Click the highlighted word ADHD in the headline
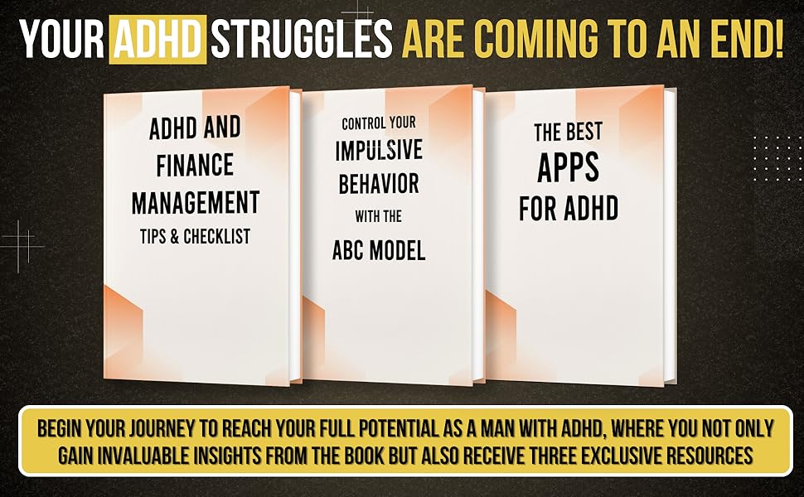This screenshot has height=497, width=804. [x=158, y=39]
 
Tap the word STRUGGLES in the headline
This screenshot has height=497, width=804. [x=302, y=39]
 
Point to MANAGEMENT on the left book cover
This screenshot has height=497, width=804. [x=196, y=201]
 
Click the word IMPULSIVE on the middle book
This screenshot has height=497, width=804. [x=379, y=151]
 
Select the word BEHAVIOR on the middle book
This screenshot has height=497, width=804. [x=379, y=183]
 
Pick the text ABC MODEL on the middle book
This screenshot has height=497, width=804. [x=379, y=251]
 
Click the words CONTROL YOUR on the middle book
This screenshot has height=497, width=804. [x=379, y=123]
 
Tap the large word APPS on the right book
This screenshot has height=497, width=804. [x=568, y=167]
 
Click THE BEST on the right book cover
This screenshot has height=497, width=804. [x=568, y=131]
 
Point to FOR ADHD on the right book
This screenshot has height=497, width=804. [x=569, y=207]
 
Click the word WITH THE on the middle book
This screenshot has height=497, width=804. [x=379, y=217]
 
